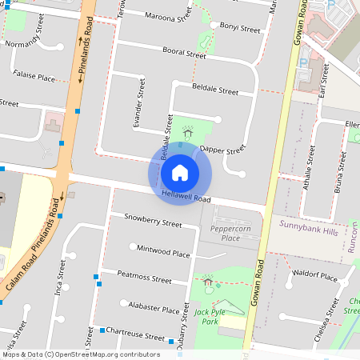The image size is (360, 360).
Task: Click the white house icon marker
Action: pos(180,171)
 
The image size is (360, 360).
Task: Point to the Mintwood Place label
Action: pos(163,253)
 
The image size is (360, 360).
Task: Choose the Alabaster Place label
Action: pos(154,309)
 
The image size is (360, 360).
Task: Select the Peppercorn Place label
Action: pos(231,233)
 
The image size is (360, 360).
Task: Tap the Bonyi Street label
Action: pos(239,28)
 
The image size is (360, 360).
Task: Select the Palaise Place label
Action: pos(34,78)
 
